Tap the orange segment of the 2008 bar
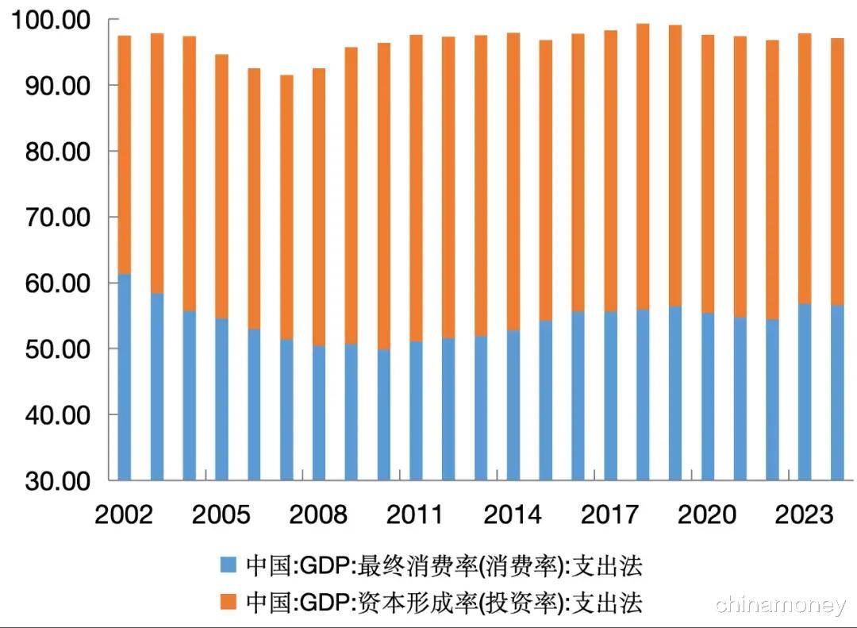tap(318, 206)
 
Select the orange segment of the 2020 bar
tap(708, 174)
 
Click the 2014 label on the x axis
tap(513, 514)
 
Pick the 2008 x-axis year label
tap(318, 514)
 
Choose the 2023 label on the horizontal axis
tap(805, 514)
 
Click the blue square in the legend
tap(229, 566)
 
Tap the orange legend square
tap(229, 601)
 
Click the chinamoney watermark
tap(781, 605)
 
